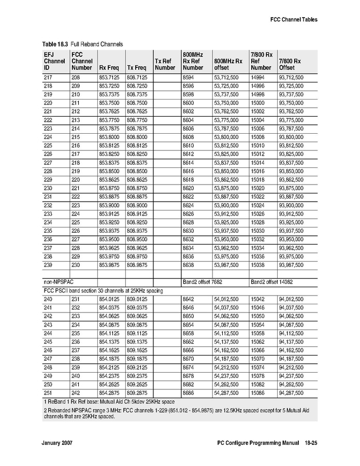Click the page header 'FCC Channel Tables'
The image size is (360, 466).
(293, 20)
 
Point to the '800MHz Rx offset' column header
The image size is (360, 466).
(228, 64)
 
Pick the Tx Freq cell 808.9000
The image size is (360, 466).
(137, 205)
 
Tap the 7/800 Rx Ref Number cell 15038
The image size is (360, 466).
(257, 265)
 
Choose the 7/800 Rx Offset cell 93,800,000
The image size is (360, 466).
(291, 137)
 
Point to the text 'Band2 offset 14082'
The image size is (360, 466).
(272, 282)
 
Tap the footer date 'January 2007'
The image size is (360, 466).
(56, 444)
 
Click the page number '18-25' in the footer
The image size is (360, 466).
(310, 444)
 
